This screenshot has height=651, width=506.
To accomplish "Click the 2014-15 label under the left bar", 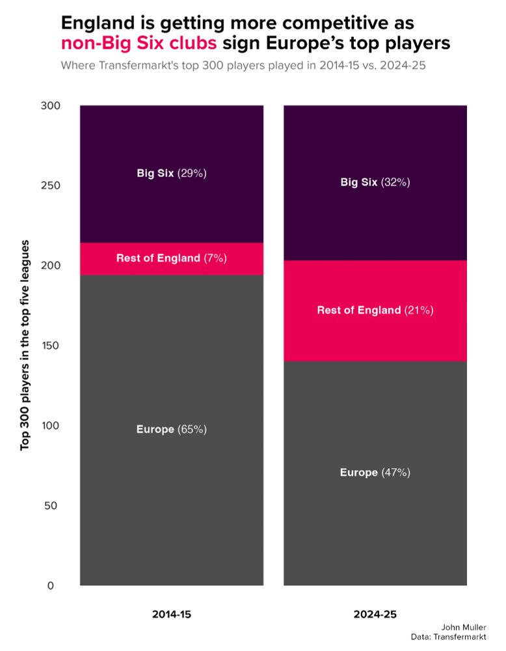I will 172,614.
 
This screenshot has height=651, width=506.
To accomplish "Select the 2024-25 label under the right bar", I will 375,614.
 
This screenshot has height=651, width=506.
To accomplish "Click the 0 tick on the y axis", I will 51,586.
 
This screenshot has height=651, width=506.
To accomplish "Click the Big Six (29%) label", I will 171,173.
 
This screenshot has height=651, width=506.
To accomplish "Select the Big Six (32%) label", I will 375,182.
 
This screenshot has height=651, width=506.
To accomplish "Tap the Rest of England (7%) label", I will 171,258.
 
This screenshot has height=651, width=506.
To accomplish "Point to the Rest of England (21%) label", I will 375,310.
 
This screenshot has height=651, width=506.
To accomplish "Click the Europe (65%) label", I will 171,430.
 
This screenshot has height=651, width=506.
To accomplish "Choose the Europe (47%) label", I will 375,473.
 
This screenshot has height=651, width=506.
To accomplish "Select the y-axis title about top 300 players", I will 25,346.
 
